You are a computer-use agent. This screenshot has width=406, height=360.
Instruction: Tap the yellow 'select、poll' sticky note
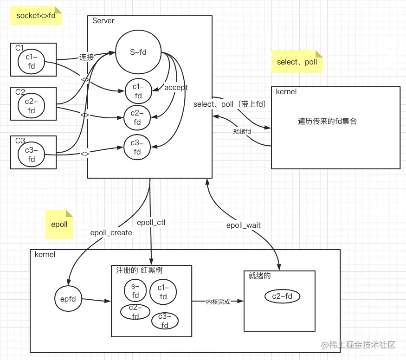point(297,62)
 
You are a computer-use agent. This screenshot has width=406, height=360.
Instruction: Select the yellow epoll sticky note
point(59,224)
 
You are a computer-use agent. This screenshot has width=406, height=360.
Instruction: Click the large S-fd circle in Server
point(138,52)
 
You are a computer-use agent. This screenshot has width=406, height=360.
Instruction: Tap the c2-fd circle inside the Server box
point(137,118)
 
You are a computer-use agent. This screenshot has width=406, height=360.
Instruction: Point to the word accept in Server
point(176,88)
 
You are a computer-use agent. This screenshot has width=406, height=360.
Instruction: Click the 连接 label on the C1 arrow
point(86,58)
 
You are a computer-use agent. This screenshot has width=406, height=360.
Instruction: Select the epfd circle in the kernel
point(68,300)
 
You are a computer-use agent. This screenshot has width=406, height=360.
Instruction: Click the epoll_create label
point(111,232)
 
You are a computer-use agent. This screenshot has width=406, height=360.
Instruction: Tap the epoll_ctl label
point(151,222)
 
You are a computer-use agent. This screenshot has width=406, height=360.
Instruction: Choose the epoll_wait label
point(243,225)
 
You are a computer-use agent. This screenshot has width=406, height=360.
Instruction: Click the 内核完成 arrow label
point(218,302)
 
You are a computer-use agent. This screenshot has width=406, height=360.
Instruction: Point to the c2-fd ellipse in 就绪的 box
point(282,296)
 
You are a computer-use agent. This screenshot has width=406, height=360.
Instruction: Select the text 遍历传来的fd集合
point(327,121)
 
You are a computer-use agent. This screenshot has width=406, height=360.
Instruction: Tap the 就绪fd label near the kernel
point(242,131)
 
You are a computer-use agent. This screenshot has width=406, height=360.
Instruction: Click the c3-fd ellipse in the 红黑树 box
point(165,321)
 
